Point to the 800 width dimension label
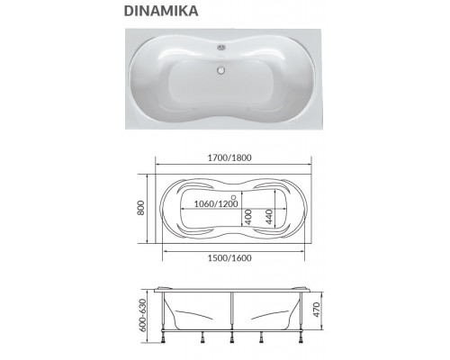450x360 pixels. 140,205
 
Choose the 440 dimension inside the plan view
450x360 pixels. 268,216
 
